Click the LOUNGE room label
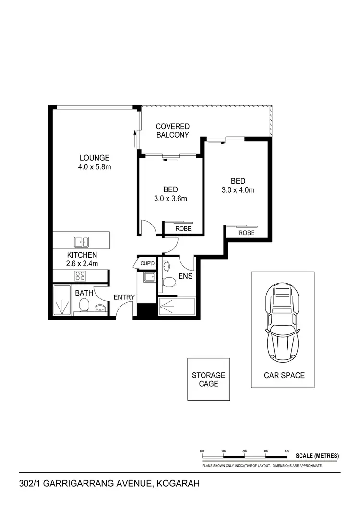[x=95, y=158]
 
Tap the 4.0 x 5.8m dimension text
[x=95, y=167]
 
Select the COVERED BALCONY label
[x=172, y=130]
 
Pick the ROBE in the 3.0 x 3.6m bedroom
[x=183, y=229]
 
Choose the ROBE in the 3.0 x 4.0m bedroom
[x=246, y=233]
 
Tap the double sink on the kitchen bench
[x=81, y=242]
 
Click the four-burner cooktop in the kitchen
[x=80, y=275]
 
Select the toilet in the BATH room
[x=84, y=305]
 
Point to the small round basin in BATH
[x=100, y=308]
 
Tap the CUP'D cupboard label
[x=147, y=264]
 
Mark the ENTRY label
[x=124, y=297]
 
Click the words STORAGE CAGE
[x=208, y=379]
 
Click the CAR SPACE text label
[x=284, y=375]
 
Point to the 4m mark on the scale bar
[x=286, y=451]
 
